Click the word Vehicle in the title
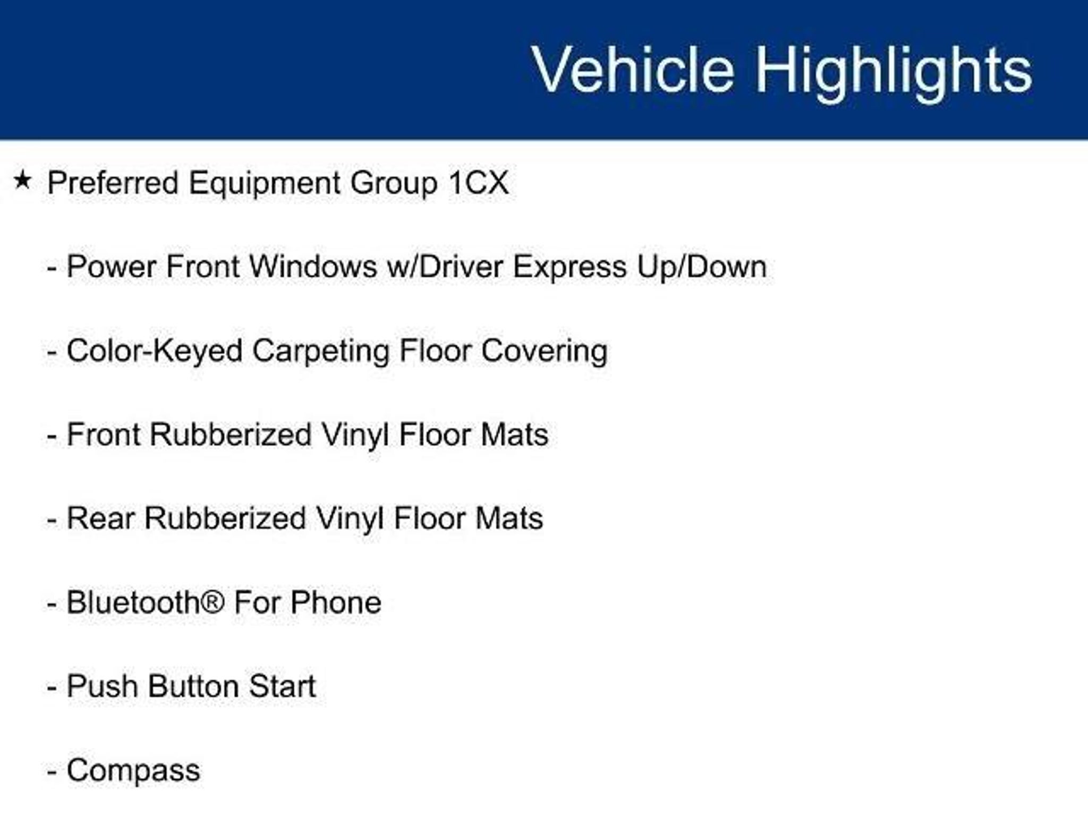[x=633, y=70]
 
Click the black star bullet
[x=22, y=180]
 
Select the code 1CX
[x=478, y=183]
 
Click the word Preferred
[x=113, y=183]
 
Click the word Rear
[x=100, y=518]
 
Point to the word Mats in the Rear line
[x=509, y=518]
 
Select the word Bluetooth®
[x=146, y=602]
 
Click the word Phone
[x=336, y=602]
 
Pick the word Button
[x=194, y=686]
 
